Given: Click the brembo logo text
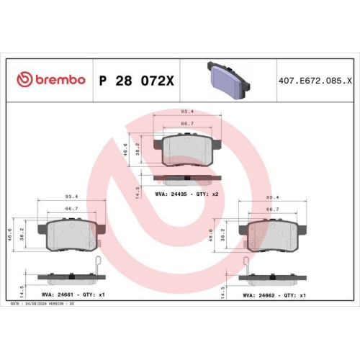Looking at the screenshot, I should pyautogui.click(x=51, y=78).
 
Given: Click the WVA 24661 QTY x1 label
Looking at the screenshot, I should pyautogui.click(x=71, y=294).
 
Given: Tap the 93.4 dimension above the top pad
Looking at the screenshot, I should pyautogui.click(x=186, y=112).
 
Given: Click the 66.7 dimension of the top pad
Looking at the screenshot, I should pyautogui.click(x=186, y=125).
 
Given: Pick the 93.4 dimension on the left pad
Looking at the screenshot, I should pyautogui.click(x=72, y=196).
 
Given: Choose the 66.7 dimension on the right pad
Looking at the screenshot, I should pyautogui.click(x=273, y=209).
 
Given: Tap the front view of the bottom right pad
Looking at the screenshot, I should pyautogui.click(x=274, y=233).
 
